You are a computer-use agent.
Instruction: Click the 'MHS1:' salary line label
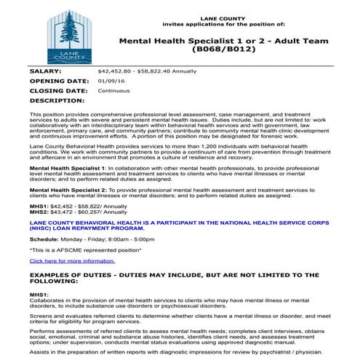pyautogui.click(x=38, y=206)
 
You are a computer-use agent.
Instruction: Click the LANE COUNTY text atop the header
pyautogui.click(x=224, y=16)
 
